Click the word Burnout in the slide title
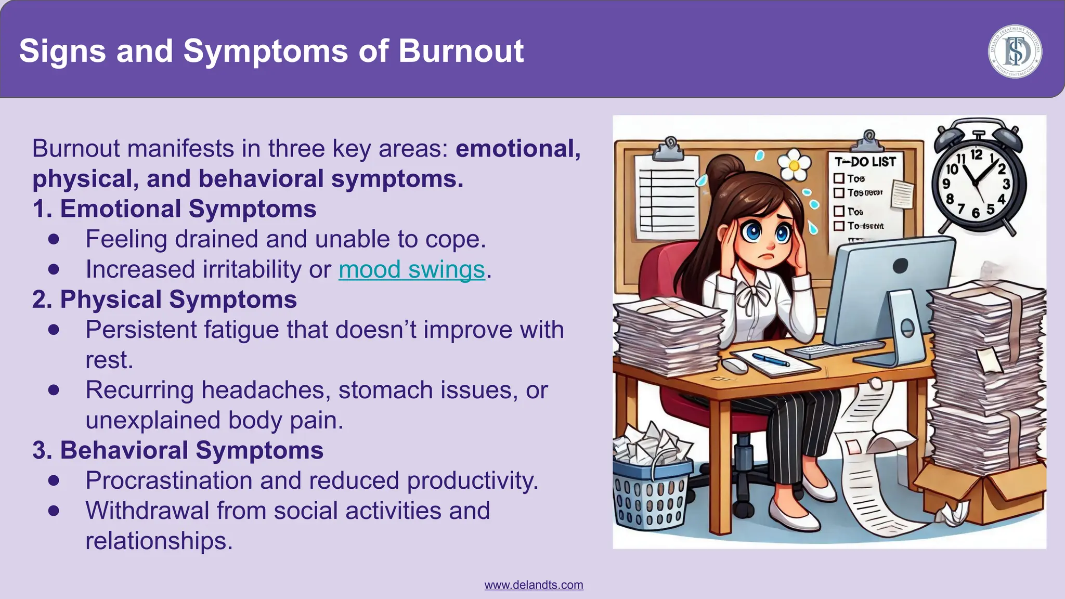click(x=461, y=51)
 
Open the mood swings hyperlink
click(x=411, y=269)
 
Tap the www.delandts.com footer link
click(x=534, y=585)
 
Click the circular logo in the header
click(x=1015, y=51)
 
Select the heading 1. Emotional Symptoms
click(x=174, y=209)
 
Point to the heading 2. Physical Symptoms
click(x=164, y=299)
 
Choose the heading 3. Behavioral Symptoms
click(x=178, y=450)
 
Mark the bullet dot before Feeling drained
click(x=54, y=239)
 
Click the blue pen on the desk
click(x=770, y=359)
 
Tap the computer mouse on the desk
click(x=734, y=365)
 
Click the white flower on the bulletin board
click(x=794, y=165)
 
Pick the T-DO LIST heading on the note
click(x=865, y=162)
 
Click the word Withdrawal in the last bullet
click(x=147, y=511)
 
